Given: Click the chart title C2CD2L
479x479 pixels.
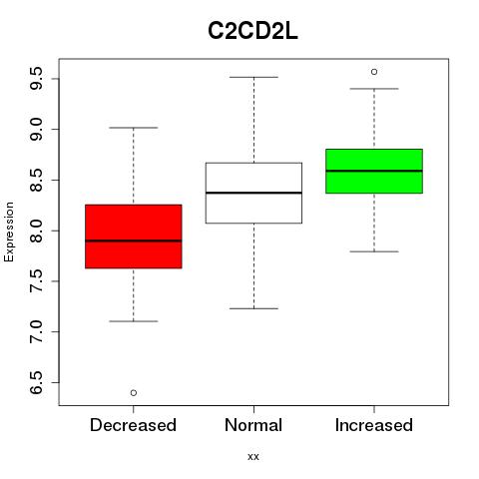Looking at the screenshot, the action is [252, 31].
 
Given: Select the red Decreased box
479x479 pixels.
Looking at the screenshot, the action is [134, 237].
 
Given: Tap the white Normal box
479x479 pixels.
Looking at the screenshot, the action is [253, 193].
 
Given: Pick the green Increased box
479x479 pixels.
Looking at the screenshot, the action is [374, 171].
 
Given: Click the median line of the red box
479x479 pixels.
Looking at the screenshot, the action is [134, 240].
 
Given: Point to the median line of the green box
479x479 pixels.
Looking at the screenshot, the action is [374, 171].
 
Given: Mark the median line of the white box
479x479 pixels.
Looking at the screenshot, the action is [253, 193].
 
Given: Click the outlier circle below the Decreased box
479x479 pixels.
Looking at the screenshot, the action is [134, 393].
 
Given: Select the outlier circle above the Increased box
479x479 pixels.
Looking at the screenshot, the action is [374, 72].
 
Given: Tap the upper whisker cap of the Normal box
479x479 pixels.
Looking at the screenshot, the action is [253, 77].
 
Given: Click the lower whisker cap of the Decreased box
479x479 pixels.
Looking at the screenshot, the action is [134, 321].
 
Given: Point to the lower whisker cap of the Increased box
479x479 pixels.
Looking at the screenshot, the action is [374, 251].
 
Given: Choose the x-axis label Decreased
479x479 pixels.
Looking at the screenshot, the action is [133, 425].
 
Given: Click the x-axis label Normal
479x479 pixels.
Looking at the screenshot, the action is [253, 425].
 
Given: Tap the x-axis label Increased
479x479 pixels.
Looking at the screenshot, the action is [374, 425].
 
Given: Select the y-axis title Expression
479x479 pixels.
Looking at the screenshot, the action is [9, 232].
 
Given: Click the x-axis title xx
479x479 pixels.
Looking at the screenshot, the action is [253, 457].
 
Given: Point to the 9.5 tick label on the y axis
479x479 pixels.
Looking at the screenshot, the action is [36, 78].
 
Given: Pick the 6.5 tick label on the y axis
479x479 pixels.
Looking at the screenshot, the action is [36, 382].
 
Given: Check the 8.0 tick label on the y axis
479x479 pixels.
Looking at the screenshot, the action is [36, 231].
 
